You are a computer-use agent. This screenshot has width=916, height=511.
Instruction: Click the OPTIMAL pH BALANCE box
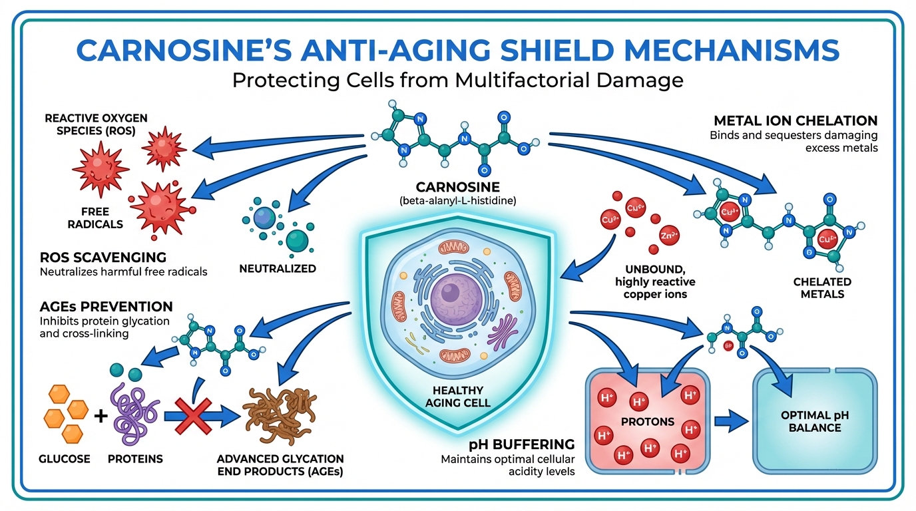pos(815,421)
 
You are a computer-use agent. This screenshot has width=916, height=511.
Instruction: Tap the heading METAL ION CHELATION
pos(795,121)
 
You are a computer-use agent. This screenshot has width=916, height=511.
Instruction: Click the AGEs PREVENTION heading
pos(106,307)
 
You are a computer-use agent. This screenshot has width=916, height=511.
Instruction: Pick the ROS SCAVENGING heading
pos(104,257)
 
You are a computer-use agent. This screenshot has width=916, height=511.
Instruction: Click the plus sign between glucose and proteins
pos(101,417)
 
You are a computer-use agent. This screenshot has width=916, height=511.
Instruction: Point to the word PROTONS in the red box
pos(647,421)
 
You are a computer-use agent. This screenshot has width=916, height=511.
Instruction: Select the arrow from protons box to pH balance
pos(731,421)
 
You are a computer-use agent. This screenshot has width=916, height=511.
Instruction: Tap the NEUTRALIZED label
pos(278,269)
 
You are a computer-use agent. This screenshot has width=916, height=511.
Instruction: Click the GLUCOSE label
pos(65,459)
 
